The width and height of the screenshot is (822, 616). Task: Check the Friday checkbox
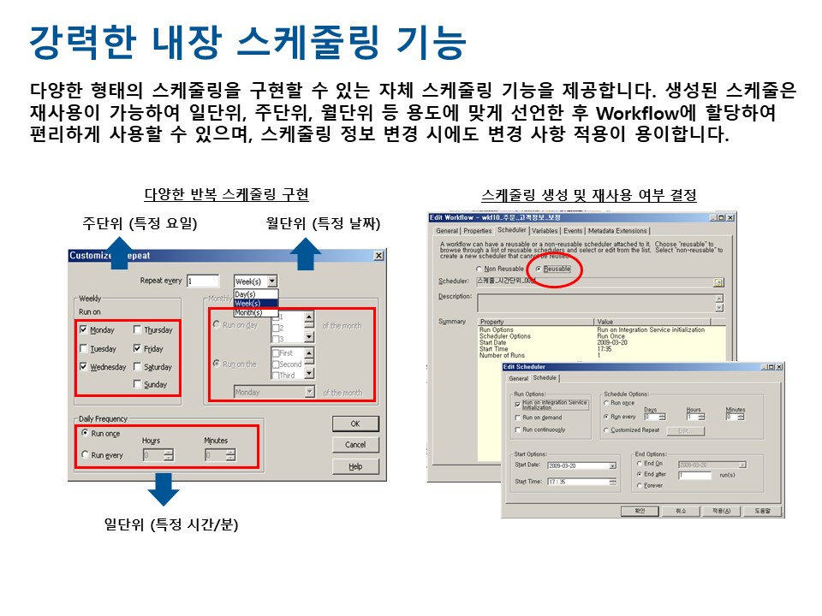pyautogui.click(x=138, y=349)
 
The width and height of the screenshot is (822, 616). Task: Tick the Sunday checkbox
pyautogui.click(x=138, y=385)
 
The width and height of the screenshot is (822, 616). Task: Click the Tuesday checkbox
pyautogui.click(x=83, y=349)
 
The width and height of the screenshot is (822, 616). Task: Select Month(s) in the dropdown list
pyautogui.click(x=248, y=312)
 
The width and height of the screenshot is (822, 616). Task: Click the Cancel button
pyautogui.click(x=355, y=445)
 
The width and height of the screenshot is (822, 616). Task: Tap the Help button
pyautogui.click(x=355, y=466)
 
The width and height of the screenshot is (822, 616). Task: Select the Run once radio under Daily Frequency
pyautogui.click(x=85, y=434)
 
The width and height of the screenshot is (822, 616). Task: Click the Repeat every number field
pyautogui.click(x=203, y=281)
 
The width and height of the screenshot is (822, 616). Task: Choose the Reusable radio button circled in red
pyautogui.click(x=538, y=269)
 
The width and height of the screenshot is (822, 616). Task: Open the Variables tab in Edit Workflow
pyautogui.click(x=545, y=230)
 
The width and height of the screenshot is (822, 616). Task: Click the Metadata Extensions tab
pyautogui.click(x=617, y=230)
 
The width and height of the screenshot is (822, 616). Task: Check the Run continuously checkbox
pyautogui.click(x=517, y=429)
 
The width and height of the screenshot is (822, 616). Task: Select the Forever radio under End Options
pyautogui.click(x=638, y=485)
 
